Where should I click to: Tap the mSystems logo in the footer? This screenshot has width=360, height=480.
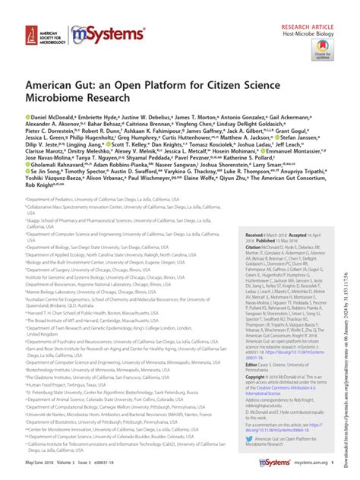pos(278,463)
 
